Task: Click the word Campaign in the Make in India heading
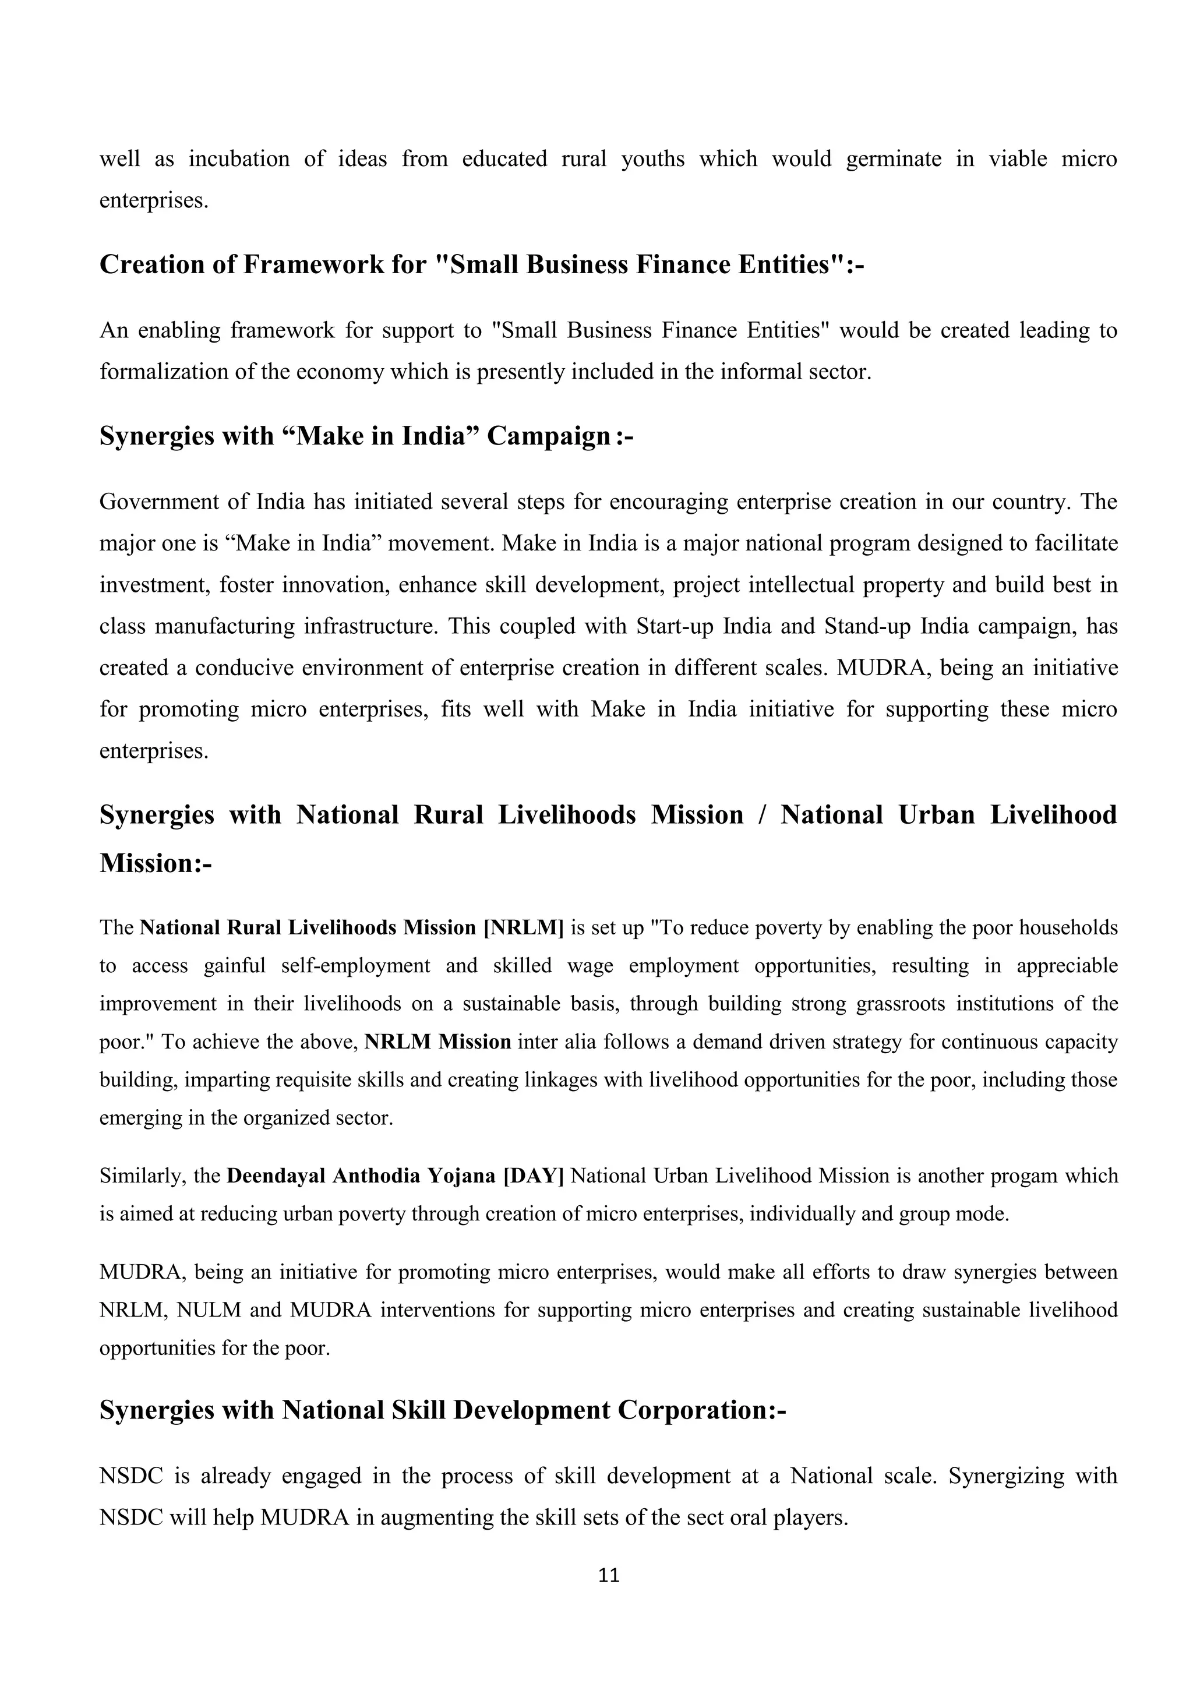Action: pos(549,436)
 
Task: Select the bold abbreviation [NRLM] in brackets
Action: pos(523,928)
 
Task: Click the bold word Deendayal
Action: pos(276,1176)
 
